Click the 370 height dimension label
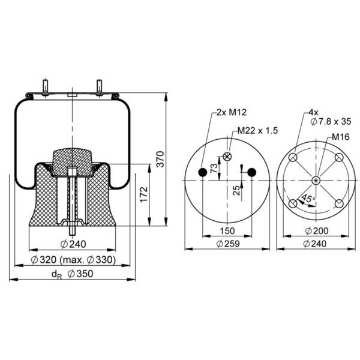(160, 159)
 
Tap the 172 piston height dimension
(144, 194)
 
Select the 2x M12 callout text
(232, 112)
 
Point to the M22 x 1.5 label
(257, 130)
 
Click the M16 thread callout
(341, 137)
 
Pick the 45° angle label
(308, 199)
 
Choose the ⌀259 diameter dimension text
(228, 244)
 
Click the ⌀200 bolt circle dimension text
(317, 231)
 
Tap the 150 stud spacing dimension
(227, 231)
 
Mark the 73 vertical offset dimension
(214, 168)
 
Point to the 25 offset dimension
(236, 190)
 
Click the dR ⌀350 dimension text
(73, 274)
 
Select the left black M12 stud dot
(203, 172)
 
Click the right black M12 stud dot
(252, 172)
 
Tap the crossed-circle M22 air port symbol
(227, 157)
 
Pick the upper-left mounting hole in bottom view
(293, 157)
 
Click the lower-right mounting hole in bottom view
(339, 203)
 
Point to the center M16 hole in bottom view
(316, 181)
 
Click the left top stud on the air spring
(45, 87)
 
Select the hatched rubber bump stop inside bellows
(73, 162)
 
